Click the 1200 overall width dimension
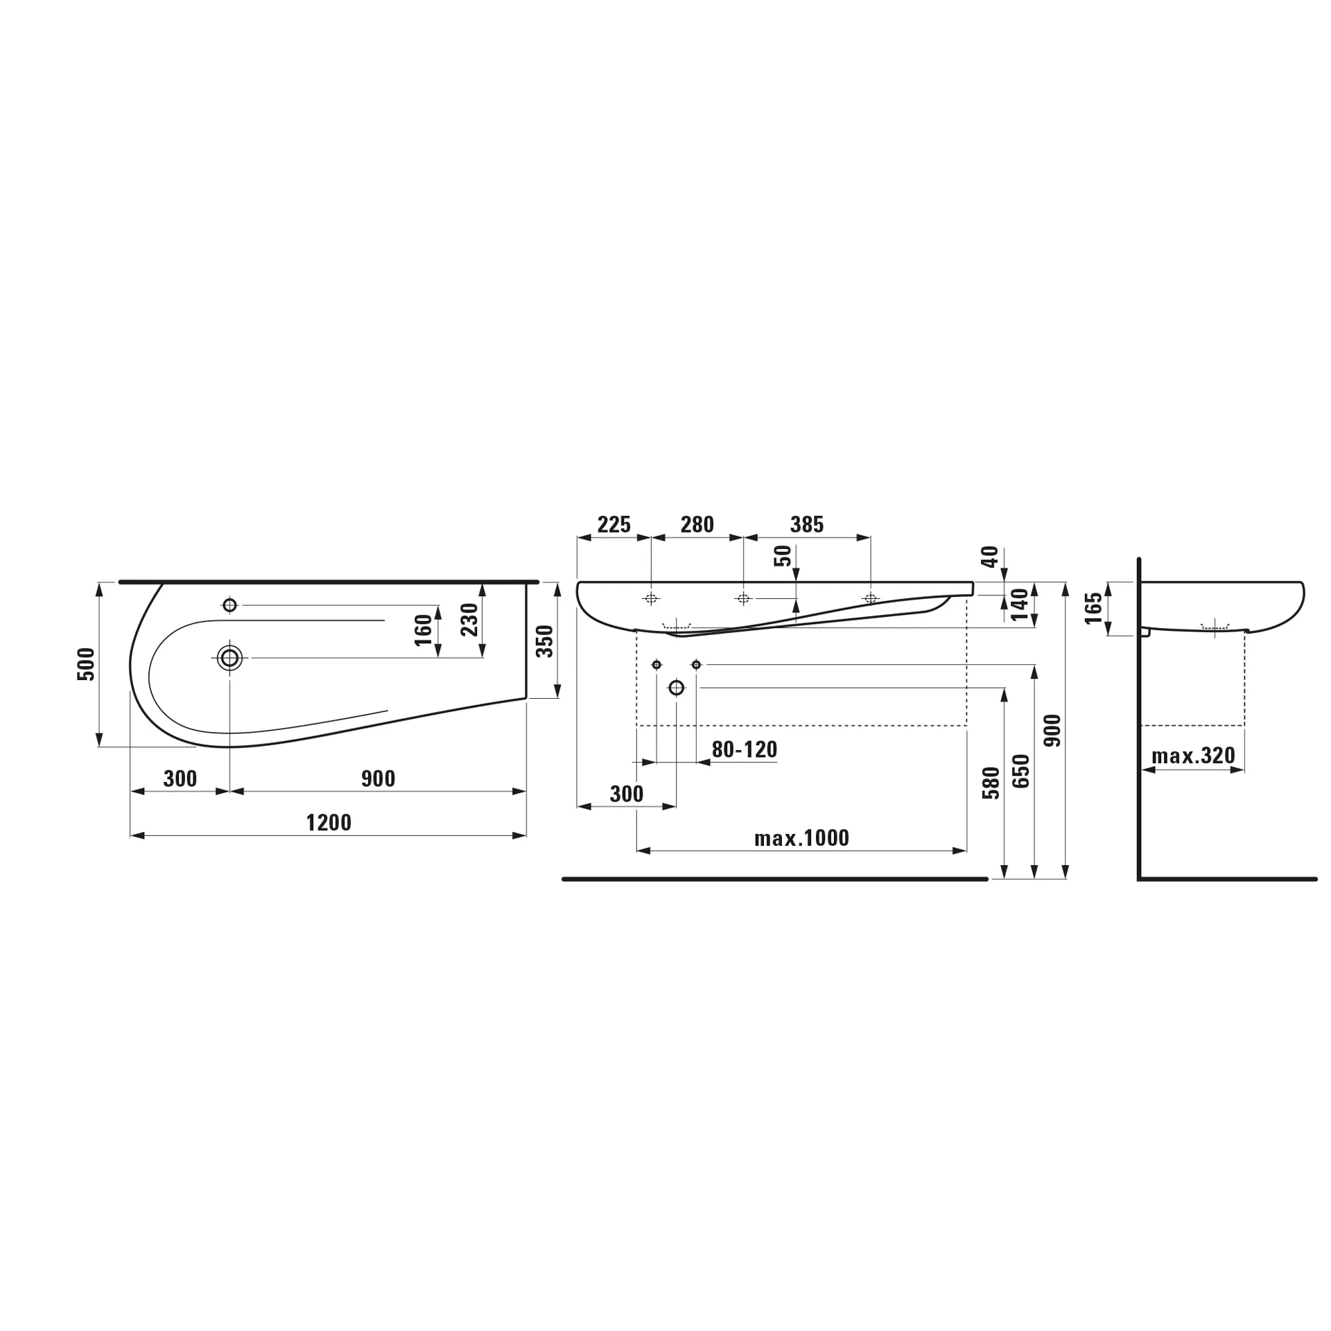(329, 823)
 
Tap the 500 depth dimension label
(86, 664)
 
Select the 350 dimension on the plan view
(546, 641)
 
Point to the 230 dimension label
(470, 620)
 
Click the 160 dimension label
(424, 630)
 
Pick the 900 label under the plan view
(378, 778)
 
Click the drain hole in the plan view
(229, 657)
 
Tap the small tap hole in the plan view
(230, 605)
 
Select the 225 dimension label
(614, 524)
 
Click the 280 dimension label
(697, 524)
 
